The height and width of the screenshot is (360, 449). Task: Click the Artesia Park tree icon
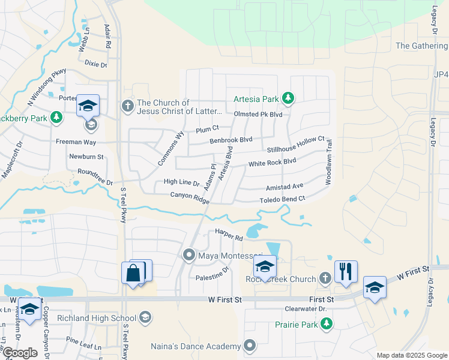[x=289, y=98]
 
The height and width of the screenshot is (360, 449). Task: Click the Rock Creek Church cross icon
[x=325, y=278]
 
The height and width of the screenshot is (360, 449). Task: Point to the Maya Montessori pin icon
[x=189, y=256]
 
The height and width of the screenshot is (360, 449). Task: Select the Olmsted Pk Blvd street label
[x=258, y=114]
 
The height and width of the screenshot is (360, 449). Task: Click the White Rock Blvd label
[x=272, y=163]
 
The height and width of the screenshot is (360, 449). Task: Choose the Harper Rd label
[x=229, y=235]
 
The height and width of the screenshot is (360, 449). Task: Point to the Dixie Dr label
[x=95, y=64]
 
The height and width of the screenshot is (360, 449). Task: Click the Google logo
[x=19, y=353]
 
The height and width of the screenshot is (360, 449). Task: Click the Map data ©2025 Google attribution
[x=412, y=355]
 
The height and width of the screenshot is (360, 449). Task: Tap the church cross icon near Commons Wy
[x=127, y=106]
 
